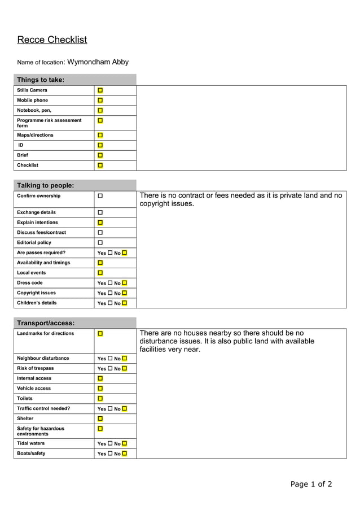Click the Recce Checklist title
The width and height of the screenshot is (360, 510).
(x=52, y=40)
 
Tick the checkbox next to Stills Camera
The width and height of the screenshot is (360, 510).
(x=100, y=90)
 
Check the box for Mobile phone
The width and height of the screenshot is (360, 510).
(x=100, y=101)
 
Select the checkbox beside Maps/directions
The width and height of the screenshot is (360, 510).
(x=100, y=136)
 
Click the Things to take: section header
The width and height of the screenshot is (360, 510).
(x=41, y=80)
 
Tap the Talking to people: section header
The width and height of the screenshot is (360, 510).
(x=45, y=185)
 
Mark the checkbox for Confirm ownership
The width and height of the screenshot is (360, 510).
(x=100, y=196)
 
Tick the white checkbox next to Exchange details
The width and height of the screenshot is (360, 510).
(x=100, y=212)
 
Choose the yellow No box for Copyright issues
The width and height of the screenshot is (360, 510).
(x=124, y=293)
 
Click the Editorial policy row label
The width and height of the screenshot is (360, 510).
(x=34, y=243)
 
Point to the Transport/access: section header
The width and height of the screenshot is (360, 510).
(x=46, y=323)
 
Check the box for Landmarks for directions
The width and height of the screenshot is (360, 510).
(x=100, y=334)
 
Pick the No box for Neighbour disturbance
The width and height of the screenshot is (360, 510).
(x=124, y=359)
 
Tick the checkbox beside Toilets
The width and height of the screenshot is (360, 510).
(x=100, y=399)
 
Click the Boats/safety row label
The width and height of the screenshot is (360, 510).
(x=31, y=454)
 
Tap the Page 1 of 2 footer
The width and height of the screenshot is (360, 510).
(x=311, y=484)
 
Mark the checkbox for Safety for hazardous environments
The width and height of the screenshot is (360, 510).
(x=100, y=429)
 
